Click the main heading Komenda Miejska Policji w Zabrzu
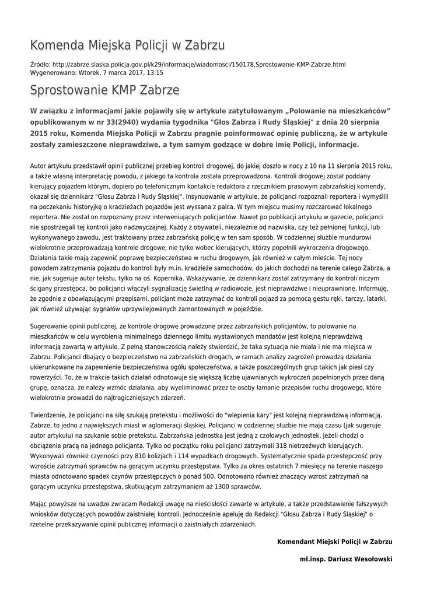click(x=127, y=45)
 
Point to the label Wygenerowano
click(x=48, y=73)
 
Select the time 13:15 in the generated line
click(x=155, y=73)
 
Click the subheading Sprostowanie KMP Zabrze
click(x=104, y=90)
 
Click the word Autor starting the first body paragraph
click(x=39, y=166)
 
